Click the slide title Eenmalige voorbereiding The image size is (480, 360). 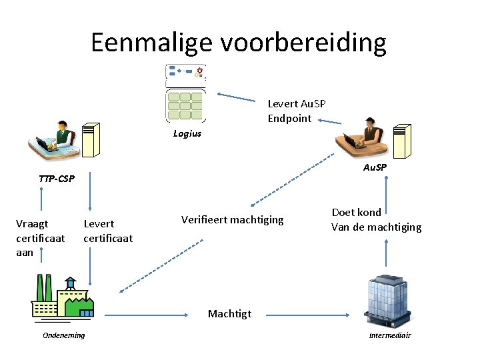tap(239, 43)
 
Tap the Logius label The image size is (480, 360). tap(187, 133)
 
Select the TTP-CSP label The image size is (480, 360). tap(57, 179)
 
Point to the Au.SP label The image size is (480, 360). tap(375, 167)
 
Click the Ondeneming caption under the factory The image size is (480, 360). tap(64, 335)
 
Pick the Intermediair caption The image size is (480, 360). tap(390, 335)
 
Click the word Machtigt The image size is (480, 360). tap(229, 313)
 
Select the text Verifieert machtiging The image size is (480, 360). tap(232, 219)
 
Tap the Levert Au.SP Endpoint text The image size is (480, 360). tap(297, 111)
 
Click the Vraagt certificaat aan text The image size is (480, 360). tap(40, 238)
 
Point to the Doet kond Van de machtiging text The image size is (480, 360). tap(376, 220)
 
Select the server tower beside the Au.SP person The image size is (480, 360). tap(399, 140)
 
